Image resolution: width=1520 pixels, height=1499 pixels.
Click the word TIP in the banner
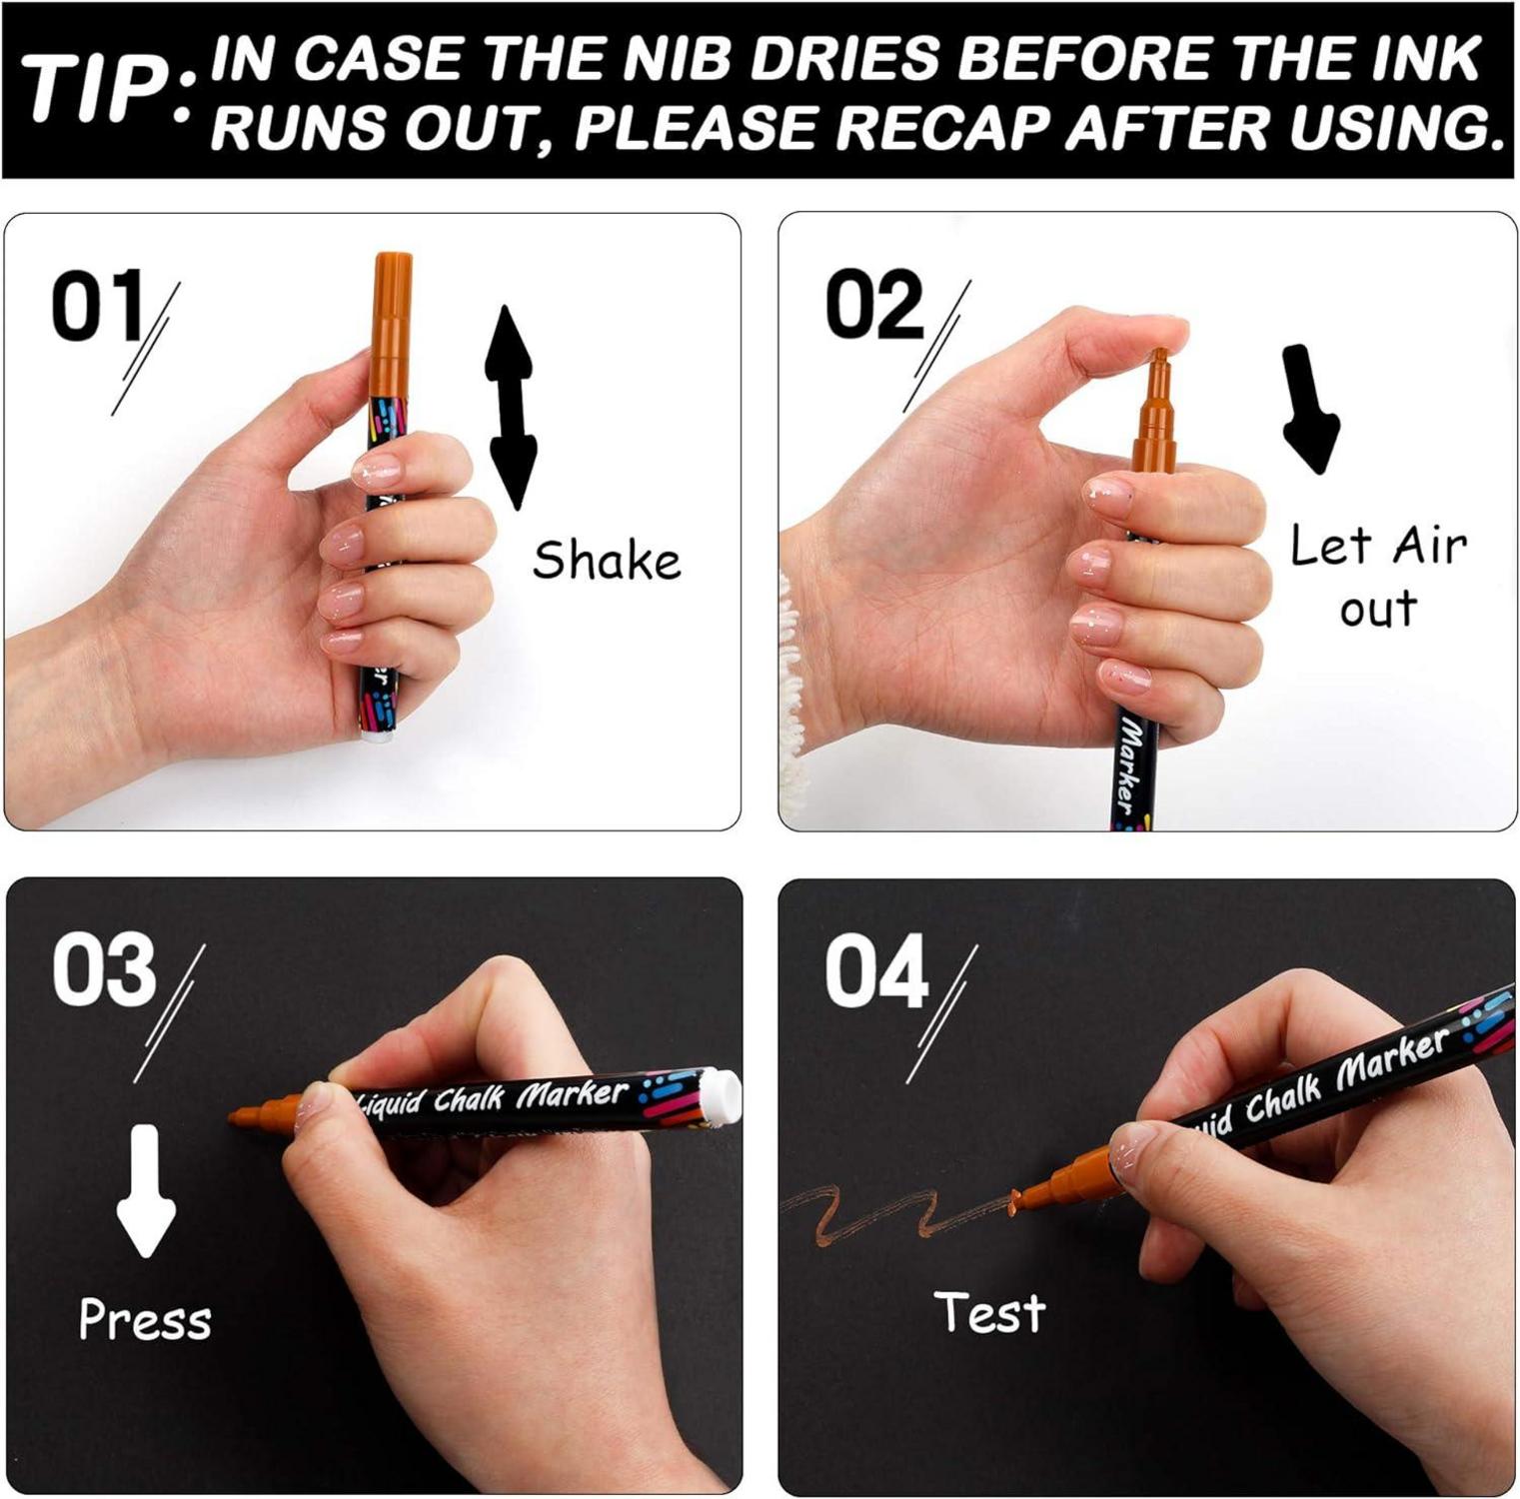[x=96, y=91]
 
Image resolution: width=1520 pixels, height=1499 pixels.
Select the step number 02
[x=873, y=305]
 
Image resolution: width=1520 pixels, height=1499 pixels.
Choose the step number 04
[x=876, y=971]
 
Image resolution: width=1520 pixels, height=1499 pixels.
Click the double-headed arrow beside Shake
[x=511, y=408]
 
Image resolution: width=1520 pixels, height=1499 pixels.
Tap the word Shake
[x=607, y=560]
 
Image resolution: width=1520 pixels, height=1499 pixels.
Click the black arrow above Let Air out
[x=1310, y=410]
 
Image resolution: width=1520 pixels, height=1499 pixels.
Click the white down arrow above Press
[x=146, y=1190]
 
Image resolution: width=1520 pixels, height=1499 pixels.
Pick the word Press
[x=145, y=1319]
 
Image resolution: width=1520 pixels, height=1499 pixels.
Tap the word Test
[x=989, y=1312]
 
